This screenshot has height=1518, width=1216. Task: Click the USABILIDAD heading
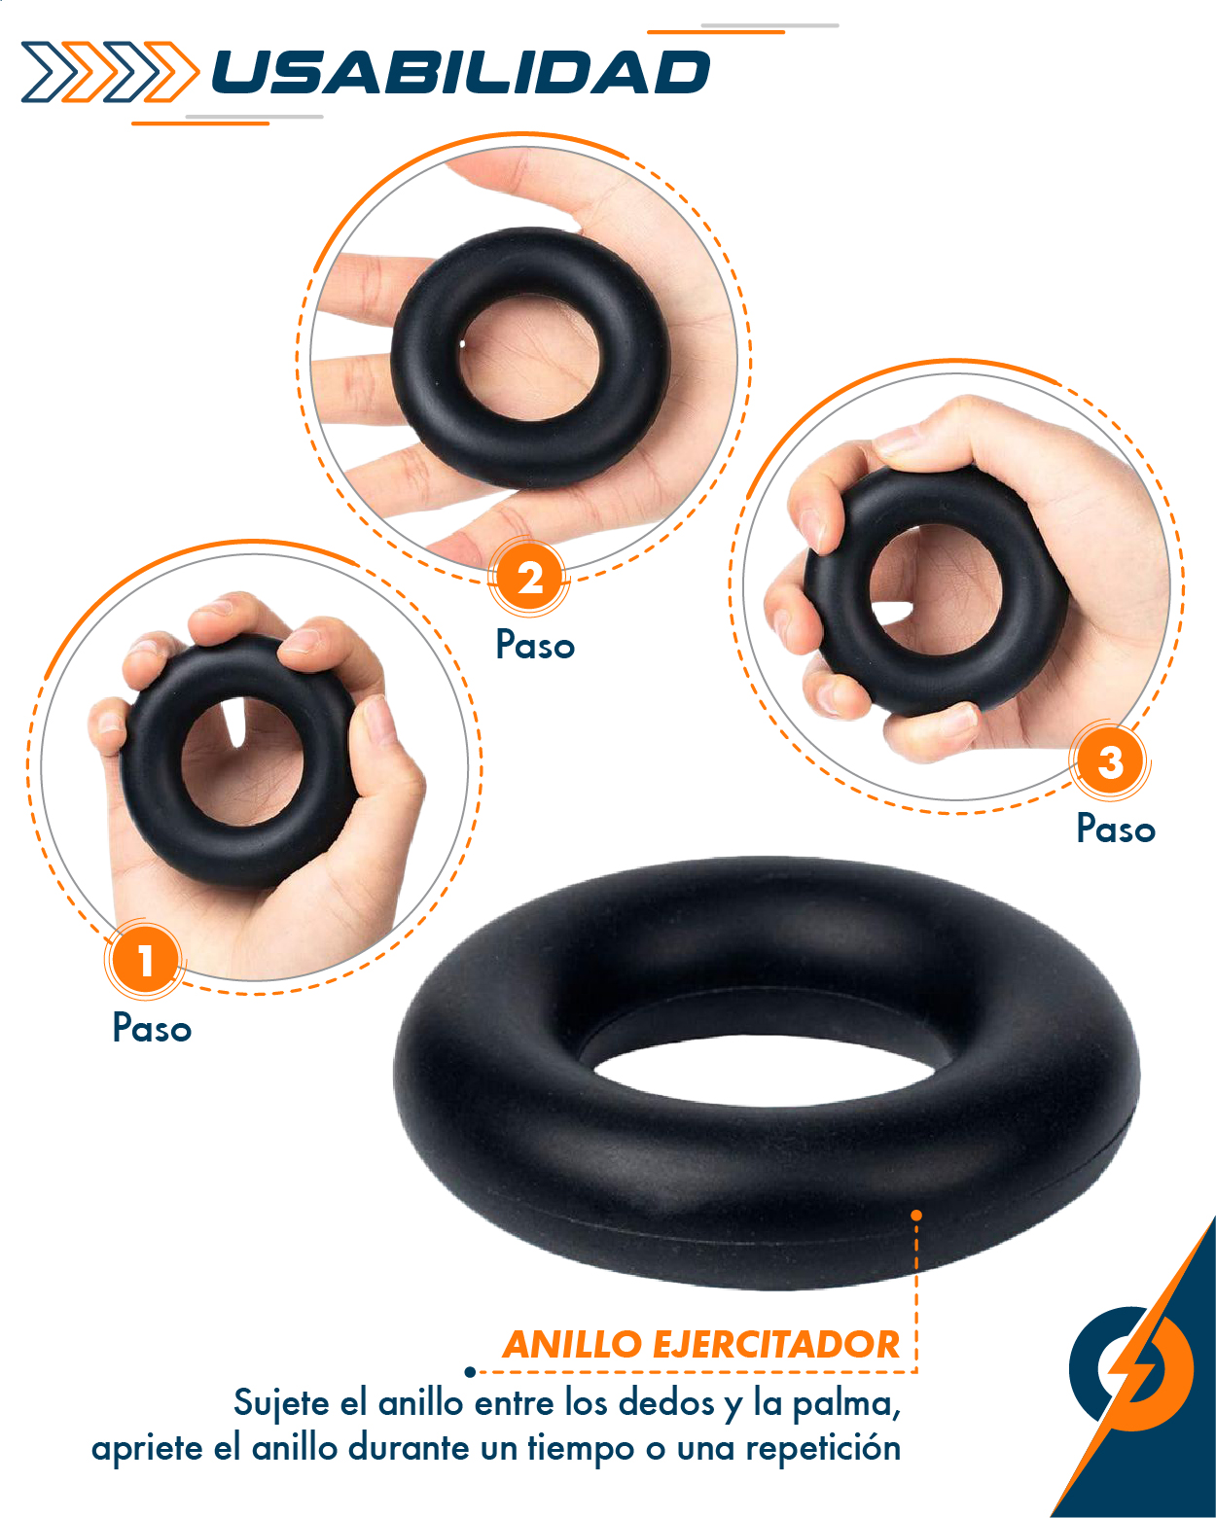[x=460, y=73]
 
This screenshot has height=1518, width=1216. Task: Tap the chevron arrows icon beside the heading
[x=109, y=72]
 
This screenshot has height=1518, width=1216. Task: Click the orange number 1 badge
[x=144, y=960]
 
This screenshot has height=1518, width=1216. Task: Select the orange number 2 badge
[x=528, y=578]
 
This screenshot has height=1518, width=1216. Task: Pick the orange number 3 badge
[x=1110, y=761]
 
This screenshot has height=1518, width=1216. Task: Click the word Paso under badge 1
[x=152, y=1028]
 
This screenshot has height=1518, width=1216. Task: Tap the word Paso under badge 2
[x=535, y=645]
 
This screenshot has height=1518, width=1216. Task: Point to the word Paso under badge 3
[x=1116, y=829]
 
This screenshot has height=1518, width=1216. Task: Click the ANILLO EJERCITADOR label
[x=700, y=1344]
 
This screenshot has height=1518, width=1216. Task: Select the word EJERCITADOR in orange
[x=775, y=1344]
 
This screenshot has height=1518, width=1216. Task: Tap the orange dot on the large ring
[x=916, y=1215]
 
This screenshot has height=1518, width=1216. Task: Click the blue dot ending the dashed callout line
[x=470, y=1372]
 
